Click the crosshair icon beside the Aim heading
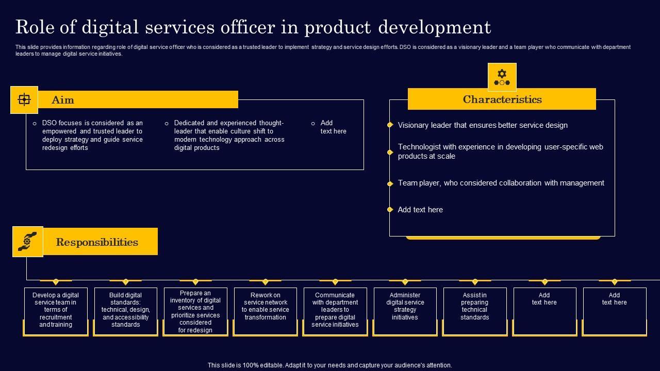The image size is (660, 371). point(24,99)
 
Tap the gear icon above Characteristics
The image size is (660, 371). point(502,77)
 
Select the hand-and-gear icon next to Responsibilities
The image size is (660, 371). point(27,241)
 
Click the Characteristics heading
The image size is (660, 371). point(502,99)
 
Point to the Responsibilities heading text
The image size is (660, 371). point(97,242)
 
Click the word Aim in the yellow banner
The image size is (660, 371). point(63,100)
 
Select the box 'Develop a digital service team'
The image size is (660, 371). point(56,310)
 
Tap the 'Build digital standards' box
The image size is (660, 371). point(125,310)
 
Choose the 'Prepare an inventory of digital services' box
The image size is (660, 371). point(195,311)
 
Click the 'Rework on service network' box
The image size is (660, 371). point(265,310)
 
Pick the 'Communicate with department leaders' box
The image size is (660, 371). point(335,310)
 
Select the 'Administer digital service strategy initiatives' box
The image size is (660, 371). point(405,310)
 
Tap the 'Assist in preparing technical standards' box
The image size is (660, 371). point(474,310)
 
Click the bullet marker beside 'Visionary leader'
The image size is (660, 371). point(390,125)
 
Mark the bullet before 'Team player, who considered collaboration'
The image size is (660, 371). point(390,183)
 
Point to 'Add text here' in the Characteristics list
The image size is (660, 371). point(420,210)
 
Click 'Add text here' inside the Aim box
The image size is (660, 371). point(333,127)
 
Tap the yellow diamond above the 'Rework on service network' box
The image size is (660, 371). point(265,282)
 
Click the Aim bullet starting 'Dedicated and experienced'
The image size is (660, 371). point(229,135)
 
